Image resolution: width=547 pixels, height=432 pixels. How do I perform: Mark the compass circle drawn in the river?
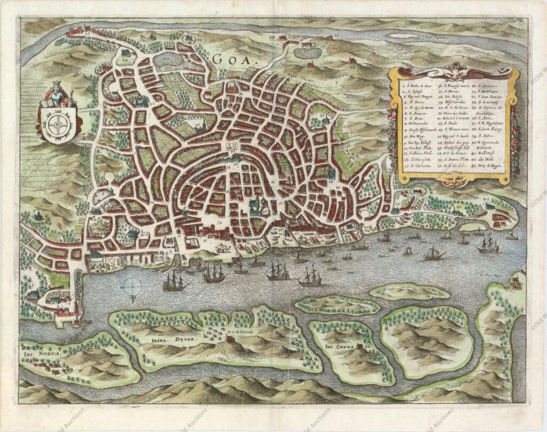click(x=131, y=288)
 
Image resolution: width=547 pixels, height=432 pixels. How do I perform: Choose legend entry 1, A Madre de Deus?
click(x=418, y=86)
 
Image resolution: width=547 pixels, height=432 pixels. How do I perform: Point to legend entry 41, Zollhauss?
click(x=485, y=153)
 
